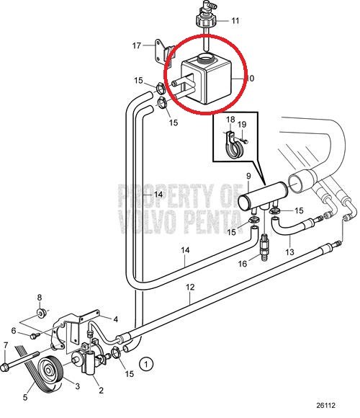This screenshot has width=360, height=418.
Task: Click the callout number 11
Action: pyautogui.click(x=235, y=20)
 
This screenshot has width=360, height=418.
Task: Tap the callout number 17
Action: pyautogui.click(x=137, y=45)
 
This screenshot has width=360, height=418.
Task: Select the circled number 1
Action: pyautogui.click(x=146, y=364)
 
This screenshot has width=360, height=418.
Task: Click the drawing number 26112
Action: pyautogui.click(x=325, y=406)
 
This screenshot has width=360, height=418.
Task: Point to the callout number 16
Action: pyautogui.click(x=243, y=264)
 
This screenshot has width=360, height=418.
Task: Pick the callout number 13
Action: pyautogui.click(x=289, y=252)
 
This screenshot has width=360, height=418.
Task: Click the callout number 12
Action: pyautogui.click(x=190, y=287)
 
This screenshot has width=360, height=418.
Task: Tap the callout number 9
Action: pyautogui.click(x=248, y=177)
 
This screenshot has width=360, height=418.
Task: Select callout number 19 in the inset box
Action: pyautogui.click(x=242, y=125)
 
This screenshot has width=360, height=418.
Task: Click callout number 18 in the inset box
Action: pyautogui.click(x=230, y=119)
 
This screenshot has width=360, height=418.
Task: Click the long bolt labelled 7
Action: pyautogui.click(x=19, y=360)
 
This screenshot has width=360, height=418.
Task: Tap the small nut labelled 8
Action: pyautogui.click(x=42, y=313)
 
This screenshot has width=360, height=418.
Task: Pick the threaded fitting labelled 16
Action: pyautogui.click(x=264, y=246)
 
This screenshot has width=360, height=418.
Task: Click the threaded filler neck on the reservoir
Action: pyautogui.click(x=206, y=58)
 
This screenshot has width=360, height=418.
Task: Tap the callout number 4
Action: pyautogui.click(x=116, y=319)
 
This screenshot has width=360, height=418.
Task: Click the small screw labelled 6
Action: pyautogui.click(x=34, y=336)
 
